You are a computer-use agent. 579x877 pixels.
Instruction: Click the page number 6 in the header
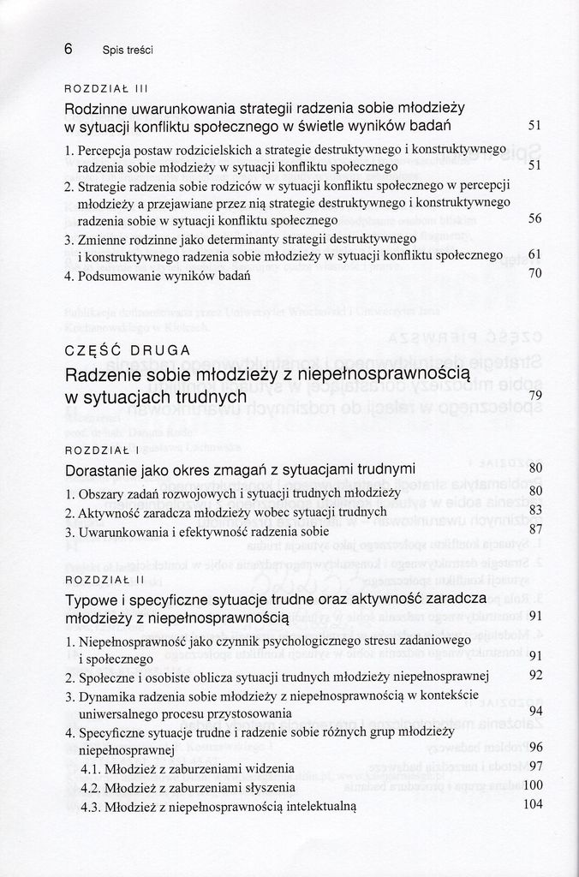[x=69, y=49]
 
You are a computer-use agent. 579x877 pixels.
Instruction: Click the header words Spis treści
[x=127, y=51]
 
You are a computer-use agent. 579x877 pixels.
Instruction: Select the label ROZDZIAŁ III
[x=107, y=87]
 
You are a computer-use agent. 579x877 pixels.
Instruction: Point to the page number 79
[x=535, y=395]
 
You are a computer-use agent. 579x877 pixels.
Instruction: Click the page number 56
[x=535, y=219]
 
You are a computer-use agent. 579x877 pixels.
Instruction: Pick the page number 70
[x=535, y=274]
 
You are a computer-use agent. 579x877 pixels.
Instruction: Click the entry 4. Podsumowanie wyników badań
[x=157, y=276]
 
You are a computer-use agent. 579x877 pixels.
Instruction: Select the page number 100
[x=533, y=785]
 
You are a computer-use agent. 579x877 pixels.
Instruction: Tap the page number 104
[x=533, y=804]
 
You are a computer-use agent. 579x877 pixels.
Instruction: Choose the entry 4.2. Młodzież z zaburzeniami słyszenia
[x=188, y=787]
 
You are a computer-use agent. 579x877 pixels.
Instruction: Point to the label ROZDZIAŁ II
[x=104, y=581]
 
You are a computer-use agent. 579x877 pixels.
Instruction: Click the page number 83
[x=536, y=510]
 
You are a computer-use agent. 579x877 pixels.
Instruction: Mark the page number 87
[x=536, y=529]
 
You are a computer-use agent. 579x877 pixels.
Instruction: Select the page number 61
[x=535, y=255]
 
